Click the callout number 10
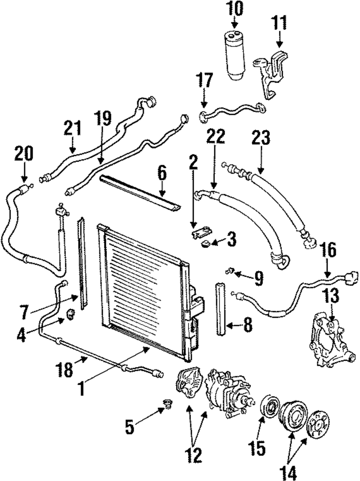pos(235,9)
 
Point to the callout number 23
pos(261,139)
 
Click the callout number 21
pos(73,129)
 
